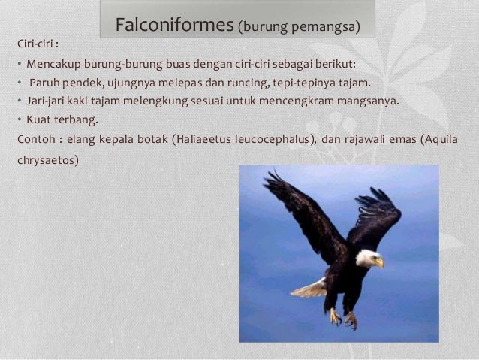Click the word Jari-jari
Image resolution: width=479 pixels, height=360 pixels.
click(x=48, y=100)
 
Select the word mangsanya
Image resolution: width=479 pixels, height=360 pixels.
click(x=369, y=100)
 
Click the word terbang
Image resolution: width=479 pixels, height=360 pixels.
click(x=79, y=119)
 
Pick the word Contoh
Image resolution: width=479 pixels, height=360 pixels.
click(x=36, y=138)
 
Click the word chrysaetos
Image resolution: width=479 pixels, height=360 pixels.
click(x=44, y=160)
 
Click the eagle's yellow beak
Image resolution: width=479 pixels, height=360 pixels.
click(x=379, y=262)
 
